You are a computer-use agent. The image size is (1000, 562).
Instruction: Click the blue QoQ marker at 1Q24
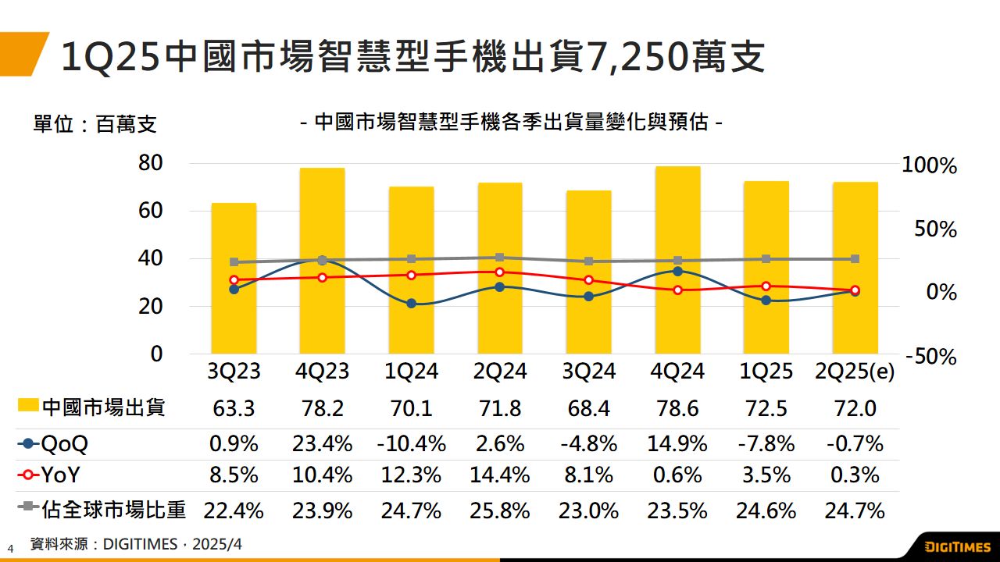pyautogui.click(x=411, y=304)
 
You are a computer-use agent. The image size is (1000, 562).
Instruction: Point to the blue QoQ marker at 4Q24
pyautogui.click(x=677, y=271)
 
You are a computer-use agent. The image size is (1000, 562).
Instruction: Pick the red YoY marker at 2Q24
pyautogui.click(x=500, y=272)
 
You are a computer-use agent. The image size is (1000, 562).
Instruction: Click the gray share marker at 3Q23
pyautogui.click(x=234, y=262)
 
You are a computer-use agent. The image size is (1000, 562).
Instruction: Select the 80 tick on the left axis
pyautogui.click(x=151, y=163)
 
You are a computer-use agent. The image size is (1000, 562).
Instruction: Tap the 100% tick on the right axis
pyautogui.click(x=929, y=165)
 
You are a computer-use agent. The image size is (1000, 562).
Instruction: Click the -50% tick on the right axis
pyautogui.click(x=930, y=357)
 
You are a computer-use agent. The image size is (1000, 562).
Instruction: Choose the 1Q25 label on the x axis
pyautogui.click(x=766, y=371)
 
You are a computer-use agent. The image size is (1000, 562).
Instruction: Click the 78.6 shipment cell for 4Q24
pyautogui.click(x=677, y=408)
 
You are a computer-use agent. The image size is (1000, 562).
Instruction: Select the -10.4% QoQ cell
pyautogui.click(x=411, y=444)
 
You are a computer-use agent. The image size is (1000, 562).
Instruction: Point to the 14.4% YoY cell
pyautogui.click(x=500, y=475)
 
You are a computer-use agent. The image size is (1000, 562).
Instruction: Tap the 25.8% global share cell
pyautogui.click(x=500, y=511)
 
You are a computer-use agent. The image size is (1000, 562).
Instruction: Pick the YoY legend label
pyautogui.click(x=61, y=475)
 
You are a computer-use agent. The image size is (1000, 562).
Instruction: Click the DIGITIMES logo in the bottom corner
pyautogui.click(x=957, y=546)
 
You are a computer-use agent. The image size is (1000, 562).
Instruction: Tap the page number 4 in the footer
pyautogui.click(x=11, y=548)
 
